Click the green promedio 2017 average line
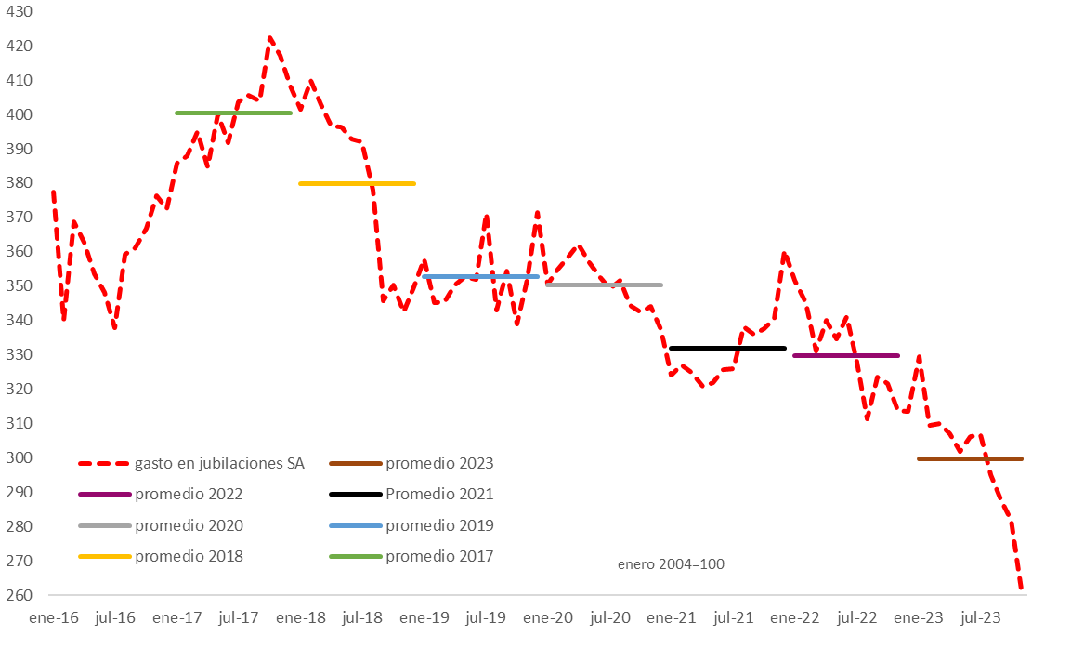coord(233,113)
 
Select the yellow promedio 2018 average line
coord(358,183)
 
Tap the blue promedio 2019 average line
coord(481,276)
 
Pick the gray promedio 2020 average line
coord(605,285)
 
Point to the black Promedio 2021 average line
coord(728,348)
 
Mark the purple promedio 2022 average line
coord(846,355)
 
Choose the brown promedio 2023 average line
coord(970,459)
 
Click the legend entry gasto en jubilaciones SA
coord(191,464)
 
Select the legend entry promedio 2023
coord(411,464)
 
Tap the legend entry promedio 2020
coord(161,526)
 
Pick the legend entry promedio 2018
coord(161,557)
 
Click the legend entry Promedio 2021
coord(411,494)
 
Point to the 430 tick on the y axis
coord(20,12)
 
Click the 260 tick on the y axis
coord(20,595)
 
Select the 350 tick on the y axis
coord(20,285)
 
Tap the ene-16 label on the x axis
coord(54,618)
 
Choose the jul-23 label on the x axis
coord(980,618)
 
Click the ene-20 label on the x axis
coord(548,618)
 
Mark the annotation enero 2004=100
coord(671,564)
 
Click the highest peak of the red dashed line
coord(270,37)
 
